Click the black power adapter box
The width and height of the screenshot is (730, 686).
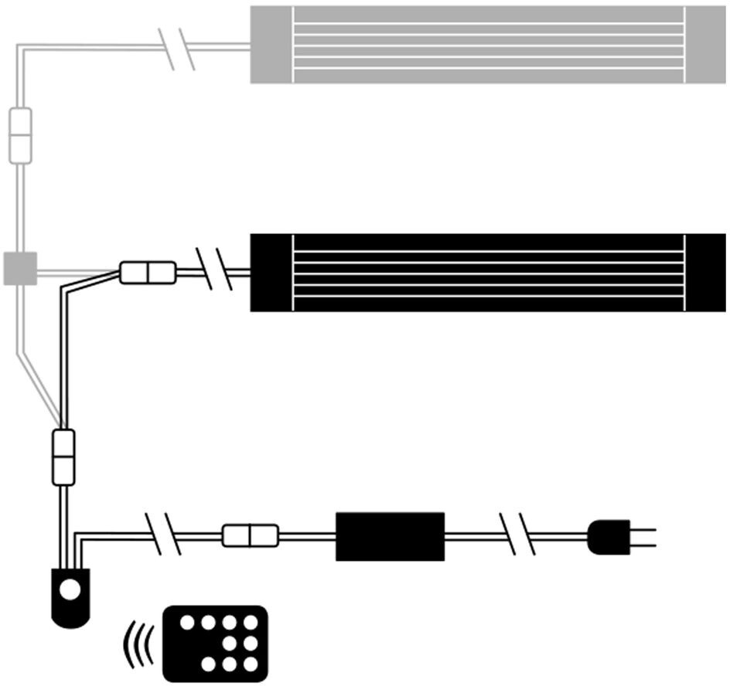coord(390,536)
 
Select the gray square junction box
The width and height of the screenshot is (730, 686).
coord(20,268)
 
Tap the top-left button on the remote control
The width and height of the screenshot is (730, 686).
coord(186,622)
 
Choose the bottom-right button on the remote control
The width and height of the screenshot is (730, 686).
coord(250,664)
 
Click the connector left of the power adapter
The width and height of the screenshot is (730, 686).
coord(250,535)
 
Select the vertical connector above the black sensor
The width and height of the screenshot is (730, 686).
coord(63,457)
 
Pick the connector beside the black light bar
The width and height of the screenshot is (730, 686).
coord(148,272)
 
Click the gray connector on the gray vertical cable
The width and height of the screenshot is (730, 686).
coord(19,134)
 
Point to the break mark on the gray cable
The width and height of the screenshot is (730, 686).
coord(177,49)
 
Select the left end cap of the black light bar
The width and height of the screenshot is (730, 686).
coord(271,272)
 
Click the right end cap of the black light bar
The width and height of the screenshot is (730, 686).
coord(705,272)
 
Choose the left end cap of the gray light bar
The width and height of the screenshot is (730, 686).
coord(271,44)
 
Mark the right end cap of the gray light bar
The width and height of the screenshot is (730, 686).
coord(705,44)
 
